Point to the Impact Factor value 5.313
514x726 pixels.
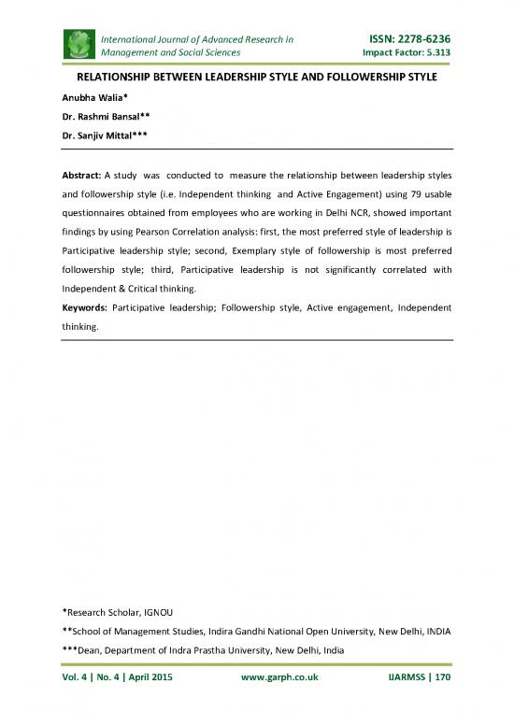pos(435,53)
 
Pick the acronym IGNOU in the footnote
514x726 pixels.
pos(165,611)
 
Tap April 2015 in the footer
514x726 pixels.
pos(146,676)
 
